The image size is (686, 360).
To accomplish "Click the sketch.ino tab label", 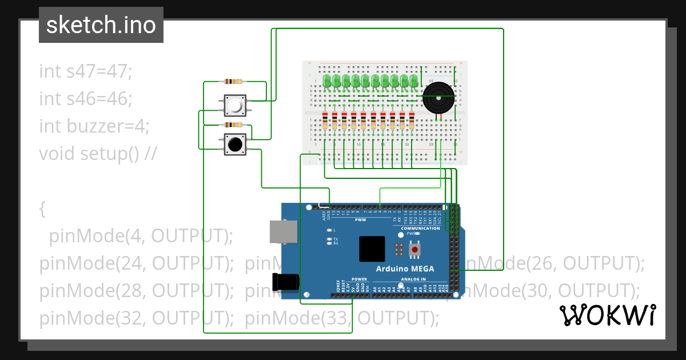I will [x=101, y=25].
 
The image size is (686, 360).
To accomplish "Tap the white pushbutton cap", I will [x=234, y=105].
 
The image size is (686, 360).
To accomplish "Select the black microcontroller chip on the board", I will [x=372, y=249].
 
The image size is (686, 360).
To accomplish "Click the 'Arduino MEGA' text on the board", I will [x=405, y=269].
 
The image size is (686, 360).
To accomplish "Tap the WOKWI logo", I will [x=607, y=315].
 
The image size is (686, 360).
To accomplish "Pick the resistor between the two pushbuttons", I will [x=234, y=125].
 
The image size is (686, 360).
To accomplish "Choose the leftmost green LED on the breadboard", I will [x=327, y=81].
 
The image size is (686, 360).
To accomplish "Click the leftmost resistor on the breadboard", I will [x=325, y=121].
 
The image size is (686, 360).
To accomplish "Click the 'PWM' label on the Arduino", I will [x=360, y=219].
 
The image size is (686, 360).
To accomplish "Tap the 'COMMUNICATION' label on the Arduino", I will [x=420, y=229].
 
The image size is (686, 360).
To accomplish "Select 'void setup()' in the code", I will [x=89, y=154].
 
